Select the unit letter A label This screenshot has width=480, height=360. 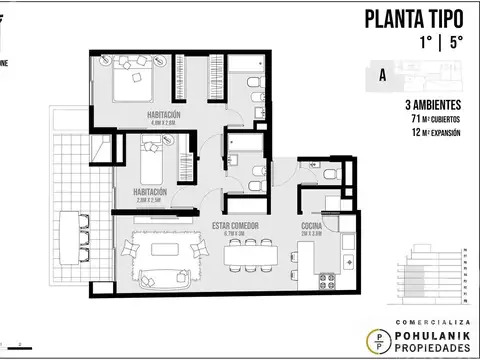(383, 73)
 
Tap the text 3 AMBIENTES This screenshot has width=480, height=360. (431, 105)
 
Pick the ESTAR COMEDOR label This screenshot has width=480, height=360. (236, 226)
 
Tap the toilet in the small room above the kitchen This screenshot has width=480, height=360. (331, 172)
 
